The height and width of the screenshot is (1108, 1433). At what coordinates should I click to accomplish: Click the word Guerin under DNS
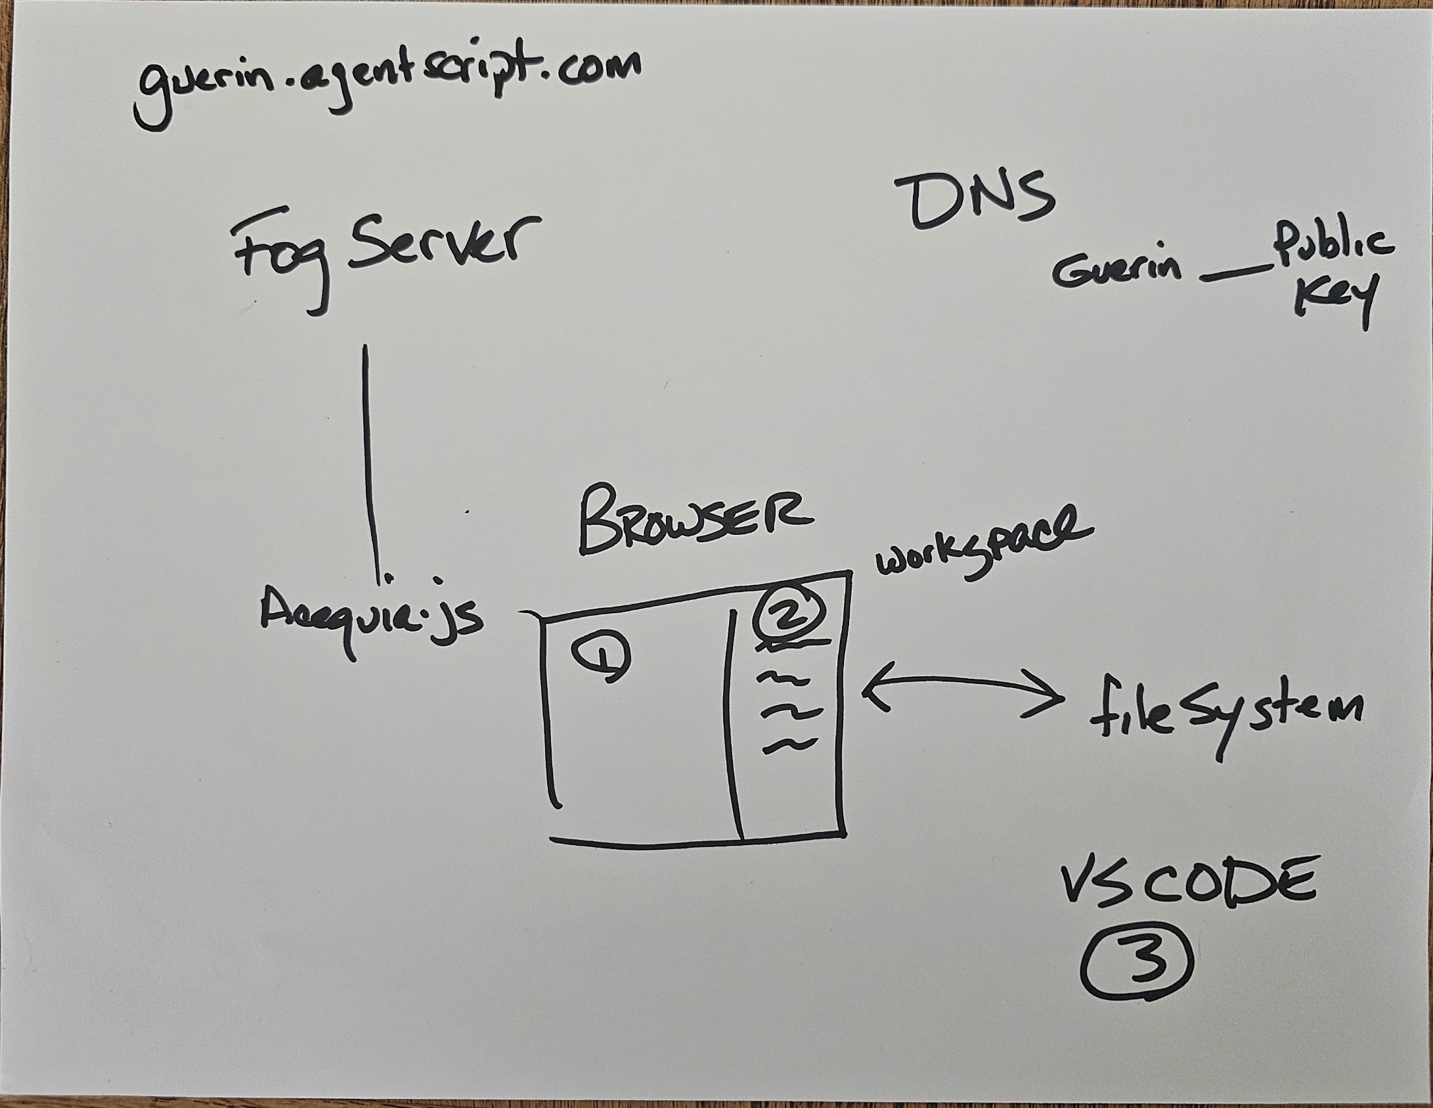pyautogui.click(x=1116, y=270)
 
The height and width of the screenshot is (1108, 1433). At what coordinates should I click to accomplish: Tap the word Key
pyautogui.click(x=1333, y=302)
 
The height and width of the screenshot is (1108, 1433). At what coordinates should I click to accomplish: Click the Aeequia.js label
pyautogui.click(x=372, y=618)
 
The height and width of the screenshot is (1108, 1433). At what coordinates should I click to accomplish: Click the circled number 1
pyautogui.click(x=601, y=657)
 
